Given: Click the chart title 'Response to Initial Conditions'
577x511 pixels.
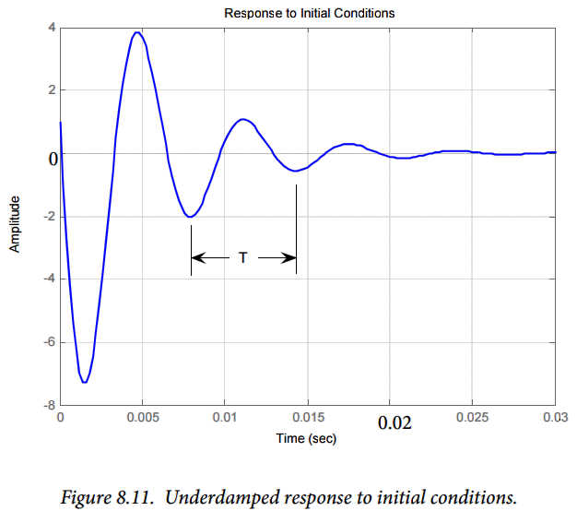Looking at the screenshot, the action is point(310,14).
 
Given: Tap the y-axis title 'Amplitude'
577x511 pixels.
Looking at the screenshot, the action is point(15,224).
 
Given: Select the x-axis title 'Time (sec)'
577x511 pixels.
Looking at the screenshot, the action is point(306,438).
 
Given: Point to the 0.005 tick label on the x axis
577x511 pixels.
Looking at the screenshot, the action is point(143,417).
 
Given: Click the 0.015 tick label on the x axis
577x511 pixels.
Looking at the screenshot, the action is point(309,417).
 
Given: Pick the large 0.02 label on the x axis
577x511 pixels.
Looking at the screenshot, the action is point(394,422).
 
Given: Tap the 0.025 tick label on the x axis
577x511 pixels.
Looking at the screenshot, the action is point(472,417).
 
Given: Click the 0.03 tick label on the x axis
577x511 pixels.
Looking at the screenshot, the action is point(556,417).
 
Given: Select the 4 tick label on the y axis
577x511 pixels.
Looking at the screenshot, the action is point(52,28).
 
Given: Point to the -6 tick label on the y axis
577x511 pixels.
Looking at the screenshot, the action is point(50,342).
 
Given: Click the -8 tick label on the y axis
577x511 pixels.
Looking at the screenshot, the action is point(50,405).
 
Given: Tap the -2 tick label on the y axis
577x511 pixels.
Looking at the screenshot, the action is point(50,216).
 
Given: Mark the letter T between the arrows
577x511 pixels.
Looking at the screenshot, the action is point(242,257).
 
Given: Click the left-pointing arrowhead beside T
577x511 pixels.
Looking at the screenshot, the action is point(198,257).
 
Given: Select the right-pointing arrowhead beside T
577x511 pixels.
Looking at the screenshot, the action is point(288,257).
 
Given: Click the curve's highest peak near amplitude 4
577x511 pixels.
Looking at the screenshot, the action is point(137,32).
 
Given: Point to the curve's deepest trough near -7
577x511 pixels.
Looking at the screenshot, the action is point(85,382).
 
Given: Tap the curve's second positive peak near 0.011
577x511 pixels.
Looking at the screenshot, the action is point(242,119).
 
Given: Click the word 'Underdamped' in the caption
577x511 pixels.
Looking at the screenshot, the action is point(222,497).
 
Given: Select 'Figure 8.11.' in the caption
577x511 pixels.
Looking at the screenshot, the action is point(107,497).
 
